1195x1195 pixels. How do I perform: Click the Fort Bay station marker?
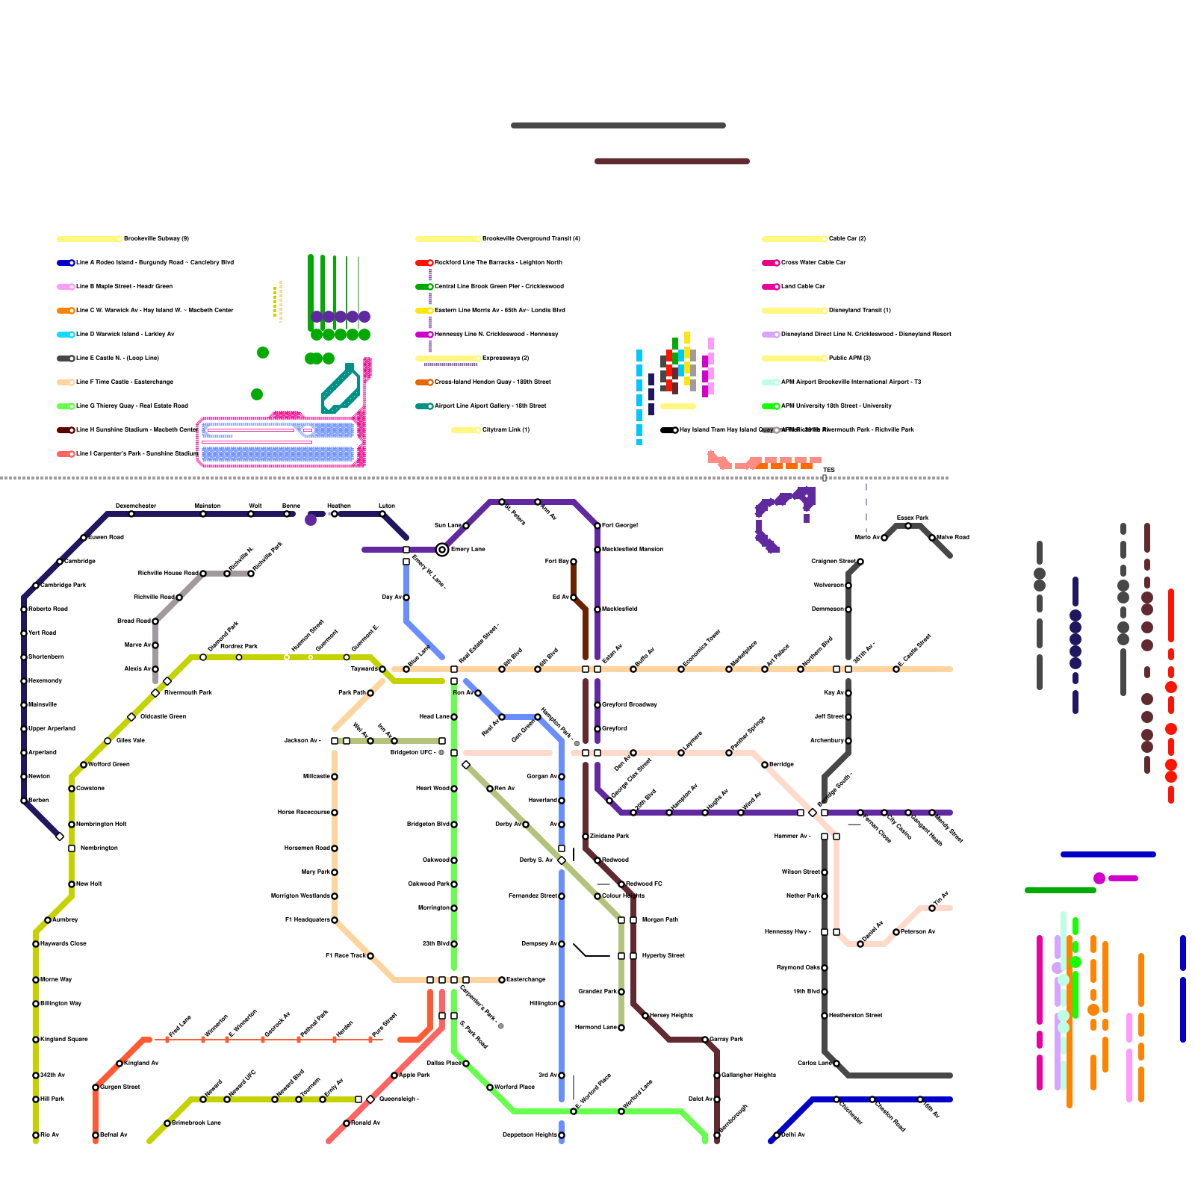574,562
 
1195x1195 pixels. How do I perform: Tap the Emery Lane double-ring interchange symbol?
442,550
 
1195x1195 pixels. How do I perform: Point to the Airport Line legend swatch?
424,406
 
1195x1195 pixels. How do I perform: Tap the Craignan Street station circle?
860,562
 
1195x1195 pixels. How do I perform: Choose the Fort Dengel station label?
620,526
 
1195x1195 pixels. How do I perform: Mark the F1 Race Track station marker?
370,956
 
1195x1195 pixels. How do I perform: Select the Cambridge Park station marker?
36,586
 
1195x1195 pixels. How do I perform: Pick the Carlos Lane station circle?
836,1064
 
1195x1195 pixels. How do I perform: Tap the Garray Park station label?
727,1040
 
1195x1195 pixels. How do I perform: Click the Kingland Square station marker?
36,1040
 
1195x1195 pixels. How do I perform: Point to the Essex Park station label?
912,518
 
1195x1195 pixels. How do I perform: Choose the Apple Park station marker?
394,1075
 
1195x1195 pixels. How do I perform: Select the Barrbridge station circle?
765,765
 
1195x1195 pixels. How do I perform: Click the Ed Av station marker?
574,597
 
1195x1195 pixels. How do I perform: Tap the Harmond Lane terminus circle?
621,1028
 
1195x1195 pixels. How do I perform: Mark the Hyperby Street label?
663,956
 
